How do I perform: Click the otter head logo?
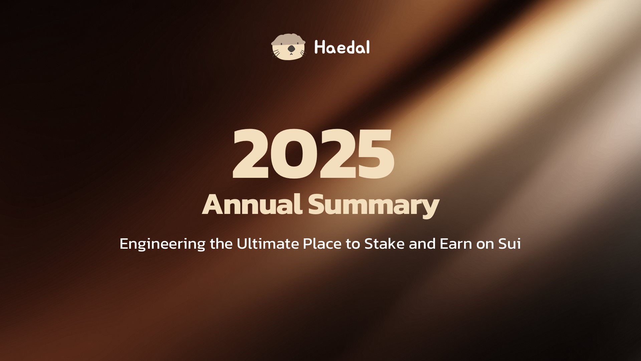[x=288, y=47]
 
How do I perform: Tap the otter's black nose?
[x=291, y=49]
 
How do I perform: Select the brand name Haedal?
[x=342, y=47]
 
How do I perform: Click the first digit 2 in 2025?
[x=251, y=154]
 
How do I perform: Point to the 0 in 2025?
[x=293, y=154]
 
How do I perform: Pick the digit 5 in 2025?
[x=374, y=155]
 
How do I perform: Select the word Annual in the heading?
[x=252, y=205]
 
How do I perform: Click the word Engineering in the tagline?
[x=162, y=244]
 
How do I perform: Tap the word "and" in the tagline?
[x=422, y=244]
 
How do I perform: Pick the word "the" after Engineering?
[x=221, y=244]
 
